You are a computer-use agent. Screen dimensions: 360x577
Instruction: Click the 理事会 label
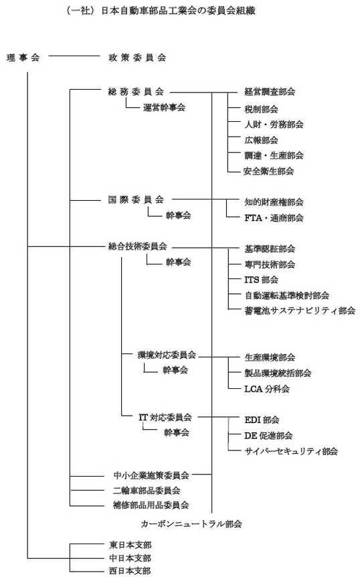click(x=23, y=58)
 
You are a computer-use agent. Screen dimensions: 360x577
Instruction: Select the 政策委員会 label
click(x=137, y=58)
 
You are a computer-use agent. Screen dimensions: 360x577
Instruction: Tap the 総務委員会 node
click(x=136, y=92)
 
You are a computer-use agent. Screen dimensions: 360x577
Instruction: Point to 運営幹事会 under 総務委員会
click(x=164, y=108)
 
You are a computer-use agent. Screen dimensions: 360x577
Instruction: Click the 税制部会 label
click(x=261, y=109)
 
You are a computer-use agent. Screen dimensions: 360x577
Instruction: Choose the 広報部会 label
click(x=261, y=140)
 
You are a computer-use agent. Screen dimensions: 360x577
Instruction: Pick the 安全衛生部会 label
click(x=268, y=171)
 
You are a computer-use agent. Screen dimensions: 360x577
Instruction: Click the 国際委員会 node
click(x=136, y=199)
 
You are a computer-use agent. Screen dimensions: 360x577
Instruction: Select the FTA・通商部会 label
click(x=274, y=218)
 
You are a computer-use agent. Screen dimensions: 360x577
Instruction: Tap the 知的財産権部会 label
click(x=274, y=202)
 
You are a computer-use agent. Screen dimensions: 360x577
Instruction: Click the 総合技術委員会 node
click(x=138, y=246)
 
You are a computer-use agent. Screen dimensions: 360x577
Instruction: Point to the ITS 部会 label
click(x=261, y=280)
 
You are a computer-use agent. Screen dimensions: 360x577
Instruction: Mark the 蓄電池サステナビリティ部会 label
click(x=300, y=311)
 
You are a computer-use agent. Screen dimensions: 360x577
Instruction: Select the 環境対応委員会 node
click(x=167, y=355)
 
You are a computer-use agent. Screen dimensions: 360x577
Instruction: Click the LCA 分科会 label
click(x=267, y=389)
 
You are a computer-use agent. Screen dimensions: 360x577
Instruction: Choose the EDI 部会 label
click(x=262, y=420)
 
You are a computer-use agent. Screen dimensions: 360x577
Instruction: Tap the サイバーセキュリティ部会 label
click(x=291, y=451)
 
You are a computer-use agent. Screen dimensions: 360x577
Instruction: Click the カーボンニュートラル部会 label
click(x=191, y=524)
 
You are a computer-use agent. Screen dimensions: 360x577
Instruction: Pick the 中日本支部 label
click(x=130, y=558)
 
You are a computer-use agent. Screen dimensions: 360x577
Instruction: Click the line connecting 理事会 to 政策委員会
click(x=74, y=56)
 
